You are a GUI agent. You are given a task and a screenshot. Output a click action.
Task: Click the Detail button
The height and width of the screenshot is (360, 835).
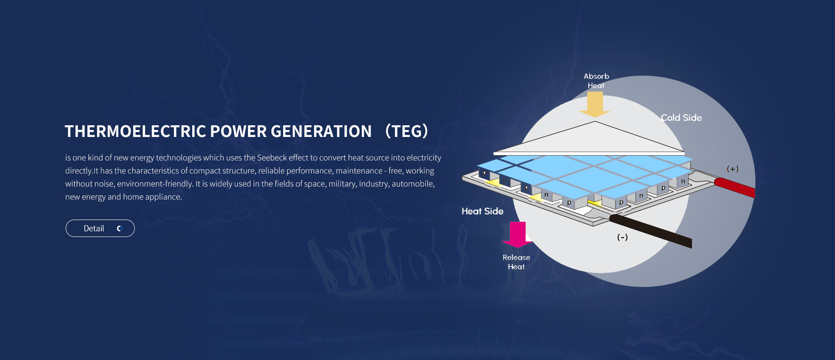(100, 228)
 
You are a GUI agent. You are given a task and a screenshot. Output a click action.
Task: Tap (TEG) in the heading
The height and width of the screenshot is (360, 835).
(407, 131)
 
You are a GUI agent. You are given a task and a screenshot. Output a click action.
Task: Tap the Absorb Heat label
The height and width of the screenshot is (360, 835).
(596, 81)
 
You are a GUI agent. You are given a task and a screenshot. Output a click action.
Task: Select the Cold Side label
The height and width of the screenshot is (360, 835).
(681, 118)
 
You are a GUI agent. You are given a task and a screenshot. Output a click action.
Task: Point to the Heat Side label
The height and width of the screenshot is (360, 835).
(482, 211)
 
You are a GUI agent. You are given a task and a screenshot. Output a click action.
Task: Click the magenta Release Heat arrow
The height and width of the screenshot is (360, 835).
(518, 234)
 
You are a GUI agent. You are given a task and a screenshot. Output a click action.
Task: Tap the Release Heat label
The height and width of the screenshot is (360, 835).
(516, 262)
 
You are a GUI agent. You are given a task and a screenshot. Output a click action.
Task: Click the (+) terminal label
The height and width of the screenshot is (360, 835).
(732, 169)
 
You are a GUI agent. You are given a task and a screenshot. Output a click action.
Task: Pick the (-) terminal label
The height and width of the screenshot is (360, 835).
(622, 237)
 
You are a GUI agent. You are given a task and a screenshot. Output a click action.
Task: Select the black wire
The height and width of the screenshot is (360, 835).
(652, 230)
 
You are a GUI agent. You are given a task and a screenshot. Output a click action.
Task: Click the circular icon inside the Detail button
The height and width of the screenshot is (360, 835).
(120, 228)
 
